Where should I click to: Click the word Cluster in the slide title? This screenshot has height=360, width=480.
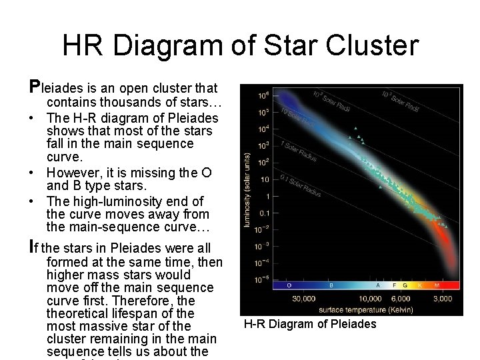(x=371, y=46)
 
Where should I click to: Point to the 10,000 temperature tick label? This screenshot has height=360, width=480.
(x=371, y=298)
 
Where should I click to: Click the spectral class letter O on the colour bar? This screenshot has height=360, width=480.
(x=289, y=285)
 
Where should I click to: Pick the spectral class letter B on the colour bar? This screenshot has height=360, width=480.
(x=331, y=285)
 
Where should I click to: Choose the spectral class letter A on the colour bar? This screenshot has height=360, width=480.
(x=378, y=285)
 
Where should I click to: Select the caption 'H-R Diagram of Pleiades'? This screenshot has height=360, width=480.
(x=310, y=325)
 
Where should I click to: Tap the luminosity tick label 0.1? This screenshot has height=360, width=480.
(x=265, y=213)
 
